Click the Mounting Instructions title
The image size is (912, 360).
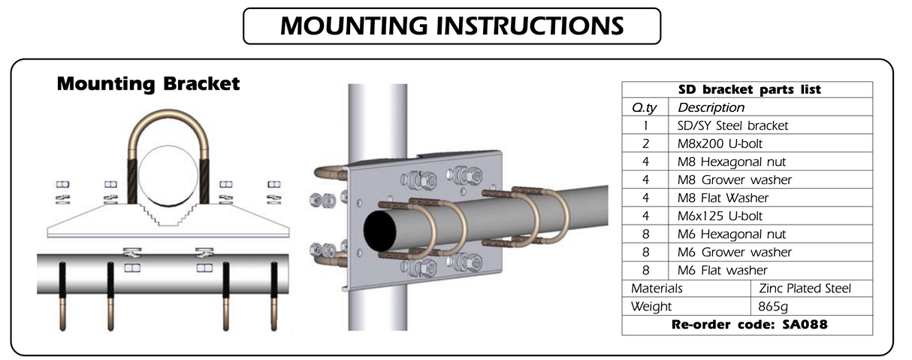pyautogui.click(x=451, y=26)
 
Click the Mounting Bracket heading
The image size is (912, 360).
pyautogui.click(x=148, y=83)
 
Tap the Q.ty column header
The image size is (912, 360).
pyautogui.click(x=645, y=107)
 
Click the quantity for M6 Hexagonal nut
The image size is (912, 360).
pyautogui.click(x=645, y=234)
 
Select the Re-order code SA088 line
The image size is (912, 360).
pyautogui.click(x=747, y=325)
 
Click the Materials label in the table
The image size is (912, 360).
pyautogui.click(x=657, y=288)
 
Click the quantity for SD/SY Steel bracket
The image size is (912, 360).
pyautogui.click(x=645, y=126)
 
